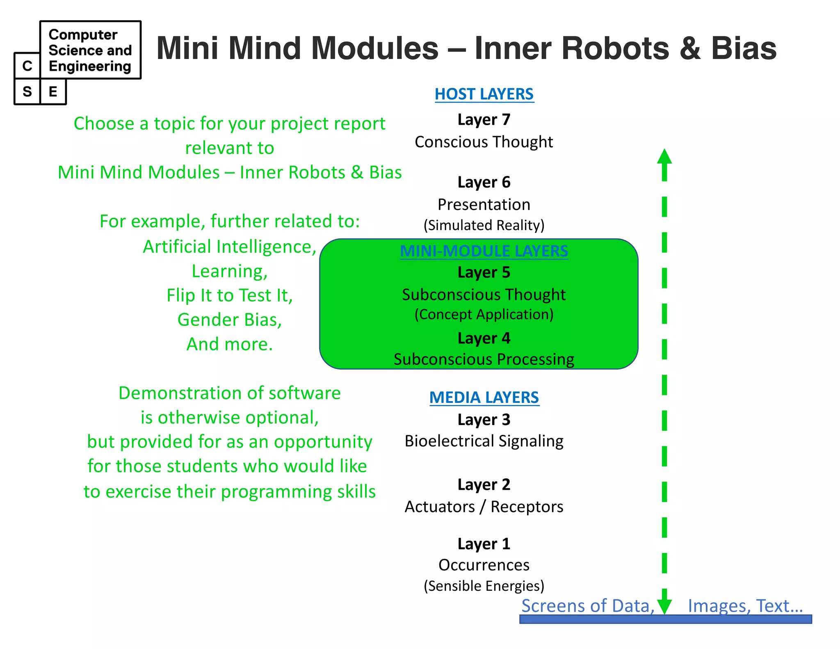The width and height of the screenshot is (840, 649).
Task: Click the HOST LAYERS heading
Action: click(x=484, y=94)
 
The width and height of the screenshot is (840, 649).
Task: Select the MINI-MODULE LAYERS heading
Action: click(x=484, y=251)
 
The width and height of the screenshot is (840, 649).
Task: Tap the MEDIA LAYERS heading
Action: click(x=484, y=398)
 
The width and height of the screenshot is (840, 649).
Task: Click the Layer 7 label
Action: click(x=484, y=120)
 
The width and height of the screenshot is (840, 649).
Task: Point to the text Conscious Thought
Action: click(x=484, y=142)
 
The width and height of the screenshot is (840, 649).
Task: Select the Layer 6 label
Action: click(x=484, y=182)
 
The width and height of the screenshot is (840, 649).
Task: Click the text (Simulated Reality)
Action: click(x=484, y=225)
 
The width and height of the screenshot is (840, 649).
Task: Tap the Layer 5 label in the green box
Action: click(x=484, y=272)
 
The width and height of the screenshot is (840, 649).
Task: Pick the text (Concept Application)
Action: click(x=484, y=314)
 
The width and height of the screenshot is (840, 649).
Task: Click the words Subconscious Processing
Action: click(x=484, y=359)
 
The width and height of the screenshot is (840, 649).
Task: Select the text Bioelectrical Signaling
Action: click(x=484, y=441)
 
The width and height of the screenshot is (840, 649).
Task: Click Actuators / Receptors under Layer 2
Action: click(x=484, y=507)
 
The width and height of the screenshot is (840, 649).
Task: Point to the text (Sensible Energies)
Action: click(x=484, y=586)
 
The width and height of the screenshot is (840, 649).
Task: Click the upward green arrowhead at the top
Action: click(x=664, y=158)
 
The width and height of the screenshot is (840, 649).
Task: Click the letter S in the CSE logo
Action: click(x=27, y=91)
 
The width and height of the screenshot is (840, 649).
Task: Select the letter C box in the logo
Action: click(x=27, y=66)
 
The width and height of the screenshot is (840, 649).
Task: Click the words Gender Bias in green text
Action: click(x=230, y=320)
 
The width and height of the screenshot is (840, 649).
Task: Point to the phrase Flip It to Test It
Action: click(x=230, y=295)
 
